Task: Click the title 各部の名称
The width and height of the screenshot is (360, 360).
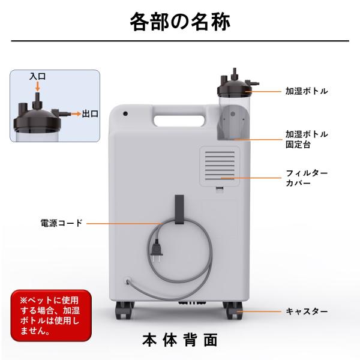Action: [180, 22]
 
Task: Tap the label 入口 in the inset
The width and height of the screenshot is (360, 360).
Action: [37, 76]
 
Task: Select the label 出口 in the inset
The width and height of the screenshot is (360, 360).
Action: [90, 113]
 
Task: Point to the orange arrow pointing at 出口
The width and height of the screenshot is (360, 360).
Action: [76, 113]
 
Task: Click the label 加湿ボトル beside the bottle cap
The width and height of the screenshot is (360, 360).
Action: [307, 91]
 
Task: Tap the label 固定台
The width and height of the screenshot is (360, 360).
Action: [298, 145]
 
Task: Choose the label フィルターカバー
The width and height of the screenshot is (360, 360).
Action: [307, 178]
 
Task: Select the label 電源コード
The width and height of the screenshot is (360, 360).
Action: [61, 223]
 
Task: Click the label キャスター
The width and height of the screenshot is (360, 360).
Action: [307, 311]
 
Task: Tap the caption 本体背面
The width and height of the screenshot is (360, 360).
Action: [180, 340]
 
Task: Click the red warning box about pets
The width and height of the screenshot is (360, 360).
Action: [51, 316]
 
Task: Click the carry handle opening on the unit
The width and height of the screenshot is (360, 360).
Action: [179, 121]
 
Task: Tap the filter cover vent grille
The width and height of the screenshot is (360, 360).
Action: [220, 166]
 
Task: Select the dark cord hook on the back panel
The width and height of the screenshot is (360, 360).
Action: [179, 209]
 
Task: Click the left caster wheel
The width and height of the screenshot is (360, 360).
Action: [124, 310]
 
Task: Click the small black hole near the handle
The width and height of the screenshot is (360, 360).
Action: [125, 113]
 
